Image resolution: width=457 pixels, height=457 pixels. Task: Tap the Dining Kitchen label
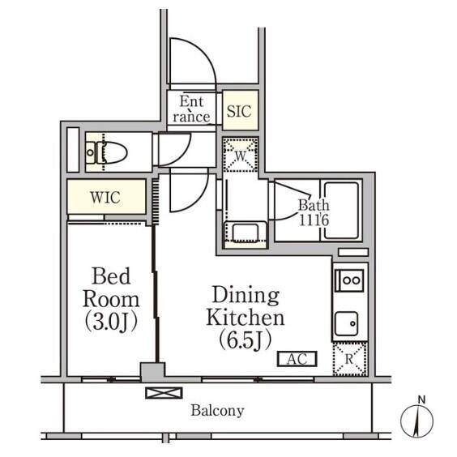246,306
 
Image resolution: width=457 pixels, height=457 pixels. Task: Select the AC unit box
297,359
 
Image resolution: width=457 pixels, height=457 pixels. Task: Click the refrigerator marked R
350,359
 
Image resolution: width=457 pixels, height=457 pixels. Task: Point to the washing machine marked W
241,155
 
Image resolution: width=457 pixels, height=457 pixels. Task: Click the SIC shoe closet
240,110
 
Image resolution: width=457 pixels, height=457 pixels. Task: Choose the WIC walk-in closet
106,197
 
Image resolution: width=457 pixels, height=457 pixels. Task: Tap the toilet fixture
108,152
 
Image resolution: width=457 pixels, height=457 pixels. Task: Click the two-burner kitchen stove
349,280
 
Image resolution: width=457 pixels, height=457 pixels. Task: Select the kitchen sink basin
347,323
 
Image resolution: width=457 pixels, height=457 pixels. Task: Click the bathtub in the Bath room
341,211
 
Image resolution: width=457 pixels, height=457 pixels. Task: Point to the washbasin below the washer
245,233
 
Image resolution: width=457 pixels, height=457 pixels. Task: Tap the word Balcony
217,411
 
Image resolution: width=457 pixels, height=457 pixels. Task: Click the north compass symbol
417,418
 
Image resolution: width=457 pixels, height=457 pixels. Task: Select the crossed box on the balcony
164,393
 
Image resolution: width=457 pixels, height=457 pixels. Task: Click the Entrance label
191,109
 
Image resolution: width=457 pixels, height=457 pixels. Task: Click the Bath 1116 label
314,213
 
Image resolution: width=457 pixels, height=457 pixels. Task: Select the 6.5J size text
246,340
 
